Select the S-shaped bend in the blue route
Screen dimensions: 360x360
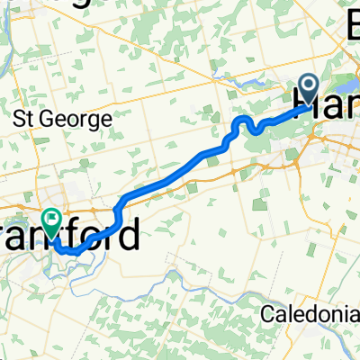[244, 126]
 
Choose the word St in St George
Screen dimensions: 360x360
[23, 119]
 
